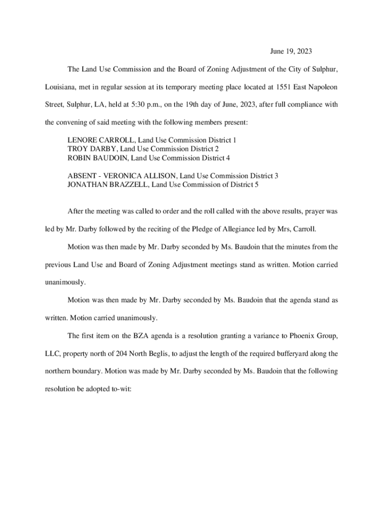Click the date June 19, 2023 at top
291,51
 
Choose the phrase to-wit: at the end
119,389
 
